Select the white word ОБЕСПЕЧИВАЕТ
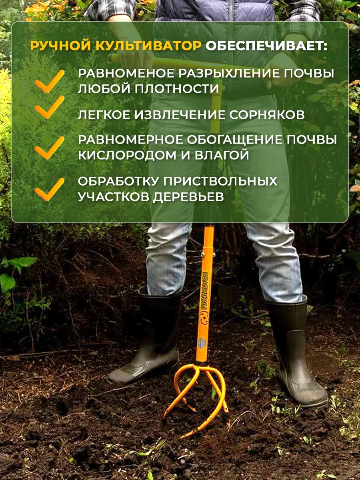[x=266, y=46]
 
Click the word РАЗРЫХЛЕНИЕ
[x=230, y=74]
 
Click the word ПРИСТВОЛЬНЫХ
[x=221, y=181]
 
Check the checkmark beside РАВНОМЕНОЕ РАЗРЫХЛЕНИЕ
[x=49, y=81]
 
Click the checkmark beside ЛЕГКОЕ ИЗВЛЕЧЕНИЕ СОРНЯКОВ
[x=49, y=107]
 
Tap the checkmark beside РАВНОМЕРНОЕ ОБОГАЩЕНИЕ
[x=49, y=148]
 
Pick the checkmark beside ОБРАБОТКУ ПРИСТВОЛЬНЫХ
[x=49, y=189]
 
